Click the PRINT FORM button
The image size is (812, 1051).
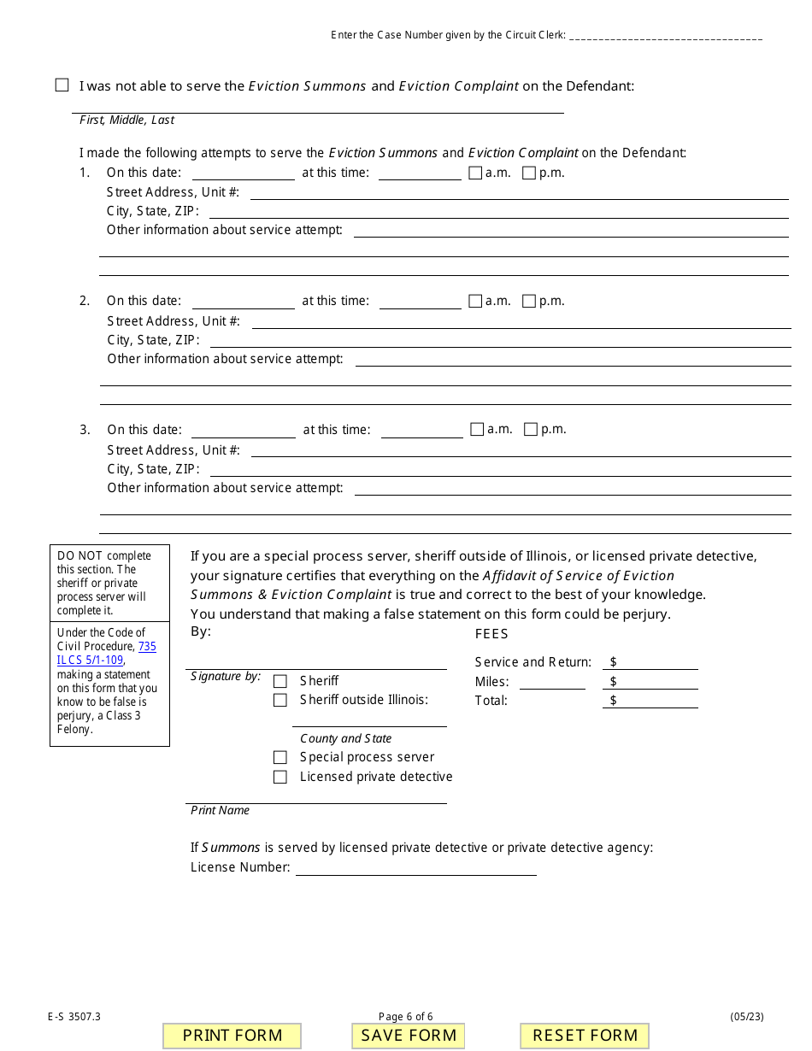point(232,1036)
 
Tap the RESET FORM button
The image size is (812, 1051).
point(585,1036)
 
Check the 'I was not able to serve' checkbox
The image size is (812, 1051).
point(62,85)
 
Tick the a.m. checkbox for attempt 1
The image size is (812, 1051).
point(475,173)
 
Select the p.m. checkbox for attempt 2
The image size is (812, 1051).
point(529,301)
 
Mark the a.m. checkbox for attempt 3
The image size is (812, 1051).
point(477,429)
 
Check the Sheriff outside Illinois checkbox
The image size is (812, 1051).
point(279,700)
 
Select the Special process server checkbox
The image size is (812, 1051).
point(279,757)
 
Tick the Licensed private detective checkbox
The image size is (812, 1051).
point(279,777)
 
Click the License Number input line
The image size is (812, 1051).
point(415,867)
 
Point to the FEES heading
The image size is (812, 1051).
point(491,634)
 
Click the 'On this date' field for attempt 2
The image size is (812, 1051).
point(243,301)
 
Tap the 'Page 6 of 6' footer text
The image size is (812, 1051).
point(406,1016)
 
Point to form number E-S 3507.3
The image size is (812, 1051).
point(74,1016)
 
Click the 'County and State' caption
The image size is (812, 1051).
point(345,738)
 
